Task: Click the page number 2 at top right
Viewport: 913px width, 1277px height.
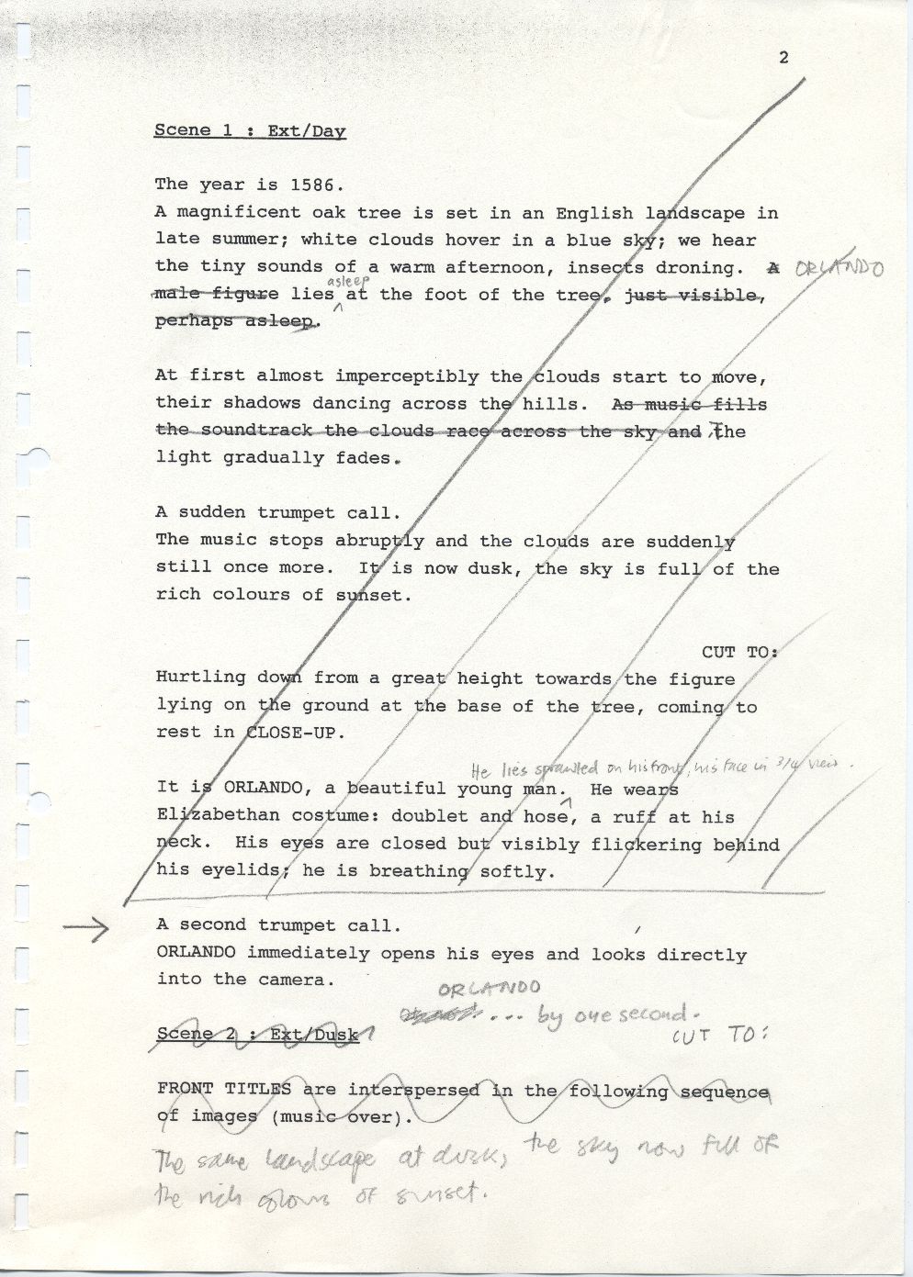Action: click(783, 58)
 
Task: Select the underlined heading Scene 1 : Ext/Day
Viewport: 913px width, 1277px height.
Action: click(250, 130)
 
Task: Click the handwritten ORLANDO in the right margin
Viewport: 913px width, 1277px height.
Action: click(838, 269)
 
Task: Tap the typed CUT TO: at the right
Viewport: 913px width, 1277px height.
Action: click(739, 652)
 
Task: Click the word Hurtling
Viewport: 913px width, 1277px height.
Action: click(200, 678)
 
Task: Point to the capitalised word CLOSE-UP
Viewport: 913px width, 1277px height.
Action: click(295, 733)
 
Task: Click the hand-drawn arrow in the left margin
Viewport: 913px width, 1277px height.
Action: click(86, 928)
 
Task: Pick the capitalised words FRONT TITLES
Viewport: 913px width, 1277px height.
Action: click(224, 1090)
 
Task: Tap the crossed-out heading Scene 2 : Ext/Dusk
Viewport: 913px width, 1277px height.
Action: click(261, 1035)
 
